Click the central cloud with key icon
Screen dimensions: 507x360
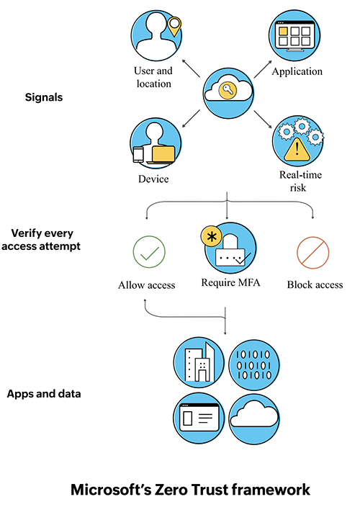(227, 91)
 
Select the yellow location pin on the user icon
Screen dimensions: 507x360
(174, 27)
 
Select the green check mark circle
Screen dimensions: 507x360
(149, 252)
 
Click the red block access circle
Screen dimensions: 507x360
(313, 252)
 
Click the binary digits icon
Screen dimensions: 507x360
(258, 361)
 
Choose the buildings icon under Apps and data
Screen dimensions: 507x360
(199, 361)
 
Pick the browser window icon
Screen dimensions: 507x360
(199, 417)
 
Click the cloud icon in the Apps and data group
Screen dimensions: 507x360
(258, 417)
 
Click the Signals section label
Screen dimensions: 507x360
(44, 97)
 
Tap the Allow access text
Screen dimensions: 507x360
(147, 285)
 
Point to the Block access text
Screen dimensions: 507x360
(315, 285)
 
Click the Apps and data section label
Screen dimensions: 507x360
(44, 394)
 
